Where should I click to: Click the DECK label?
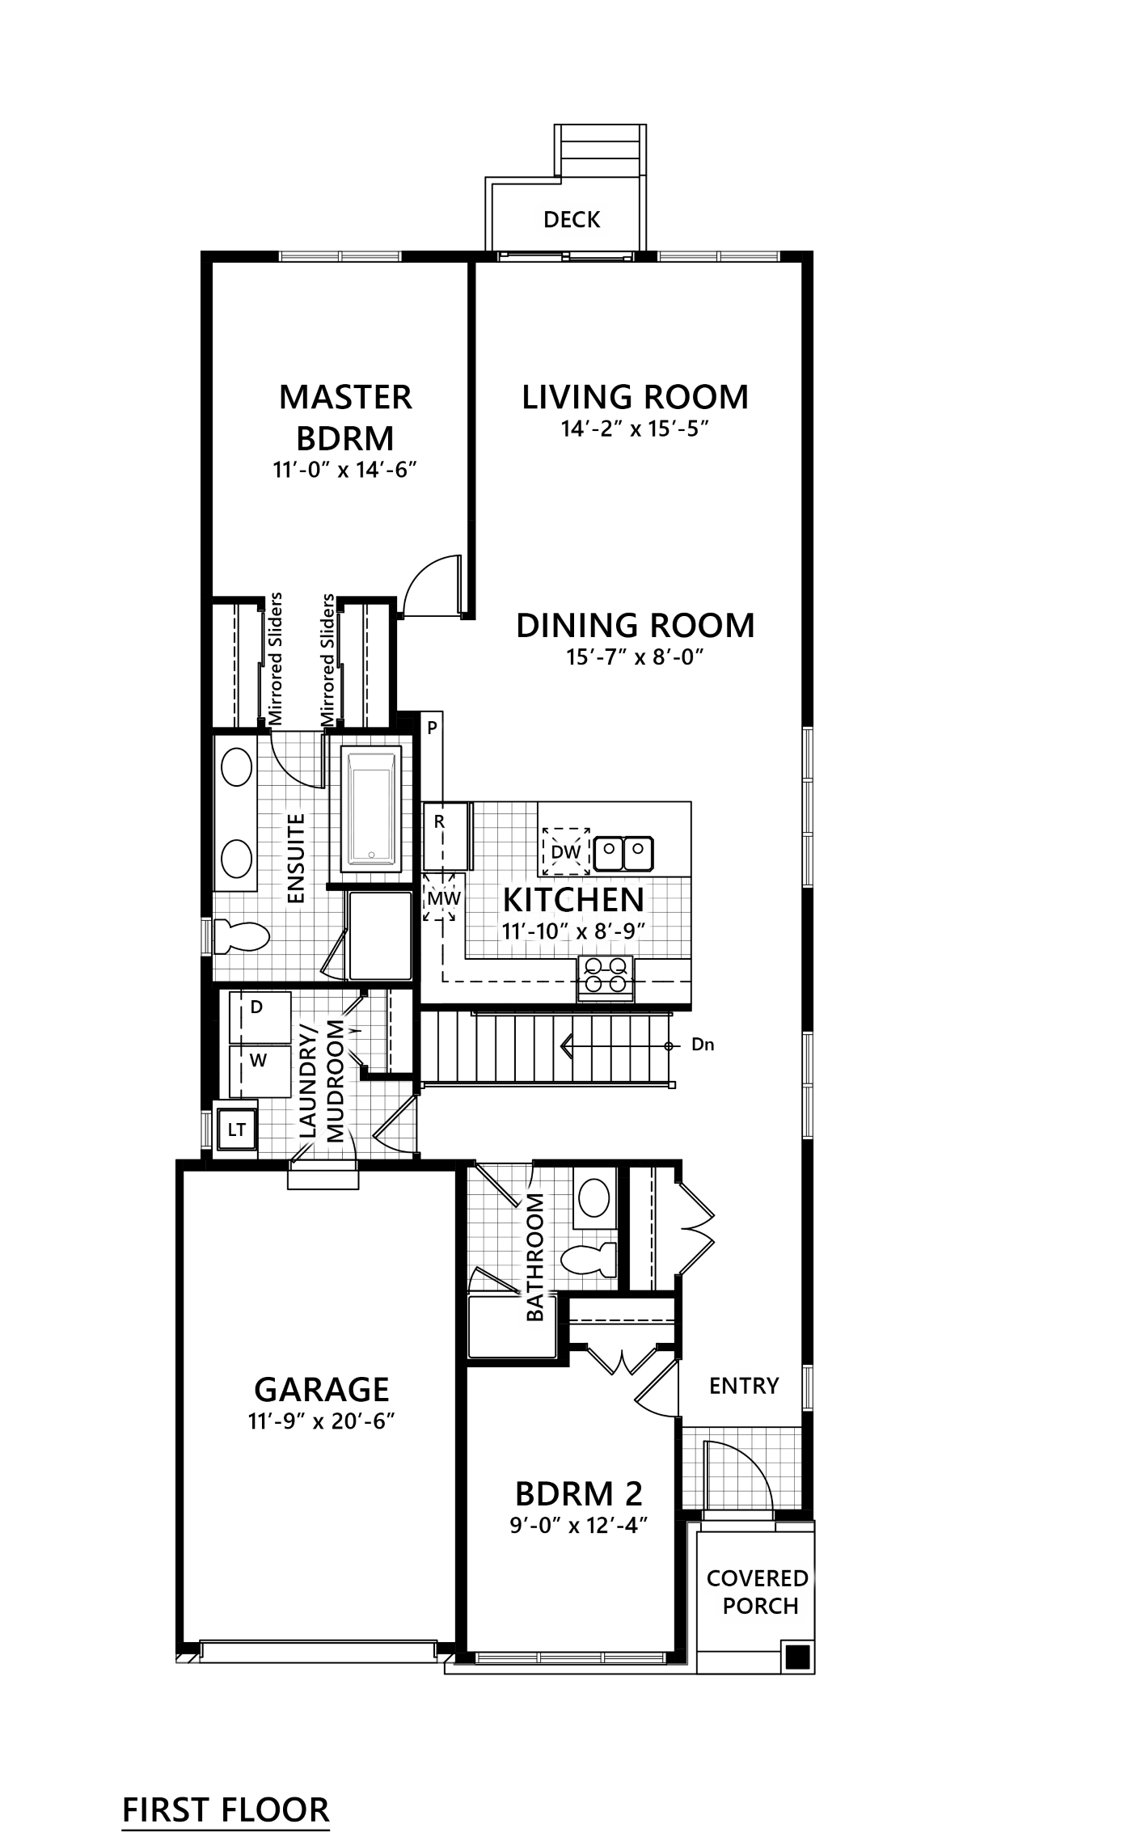572,220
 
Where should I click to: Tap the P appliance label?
432,728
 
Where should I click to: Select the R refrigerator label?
439,822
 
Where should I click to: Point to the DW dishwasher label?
566,852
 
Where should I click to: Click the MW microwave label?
443,898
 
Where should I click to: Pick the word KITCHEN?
573,899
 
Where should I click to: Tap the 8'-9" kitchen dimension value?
623,932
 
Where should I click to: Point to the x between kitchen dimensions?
581,933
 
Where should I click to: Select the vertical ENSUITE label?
296,858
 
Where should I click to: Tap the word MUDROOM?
336,1080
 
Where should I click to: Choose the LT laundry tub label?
236,1130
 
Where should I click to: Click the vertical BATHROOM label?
534,1257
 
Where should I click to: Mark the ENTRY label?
743,1386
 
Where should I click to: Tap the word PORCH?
760,1606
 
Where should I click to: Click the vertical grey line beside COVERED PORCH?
687,1593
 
